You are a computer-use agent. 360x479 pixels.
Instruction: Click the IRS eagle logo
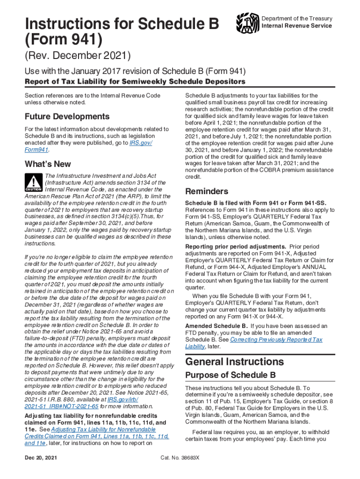[x=247, y=22]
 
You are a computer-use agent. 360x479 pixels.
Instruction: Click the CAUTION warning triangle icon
[x=34, y=183]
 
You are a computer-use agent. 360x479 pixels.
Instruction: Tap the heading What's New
[x=48, y=164]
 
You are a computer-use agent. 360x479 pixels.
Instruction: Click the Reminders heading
[x=207, y=191]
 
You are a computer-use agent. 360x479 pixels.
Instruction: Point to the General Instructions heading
[x=234, y=362]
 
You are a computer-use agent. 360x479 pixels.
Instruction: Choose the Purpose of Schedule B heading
[x=230, y=375]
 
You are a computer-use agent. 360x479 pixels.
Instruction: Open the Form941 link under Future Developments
[x=36, y=150]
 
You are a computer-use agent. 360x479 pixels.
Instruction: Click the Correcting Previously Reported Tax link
[x=276, y=340]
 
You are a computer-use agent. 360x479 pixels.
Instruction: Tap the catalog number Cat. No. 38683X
[x=180, y=457]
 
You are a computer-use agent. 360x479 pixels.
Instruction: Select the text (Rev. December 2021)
[x=77, y=57]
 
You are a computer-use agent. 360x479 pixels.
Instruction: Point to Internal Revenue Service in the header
[x=297, y=26]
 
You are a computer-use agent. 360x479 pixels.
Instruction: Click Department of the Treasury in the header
[x=297, y=19]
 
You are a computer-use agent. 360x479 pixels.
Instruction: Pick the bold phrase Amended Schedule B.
[x=216, y=326]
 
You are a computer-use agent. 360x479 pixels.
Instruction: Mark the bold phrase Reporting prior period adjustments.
[x=236, y=247]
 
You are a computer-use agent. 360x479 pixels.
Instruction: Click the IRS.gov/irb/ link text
[x=123, y=399]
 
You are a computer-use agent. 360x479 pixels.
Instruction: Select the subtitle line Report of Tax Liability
[x=135, y=82]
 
